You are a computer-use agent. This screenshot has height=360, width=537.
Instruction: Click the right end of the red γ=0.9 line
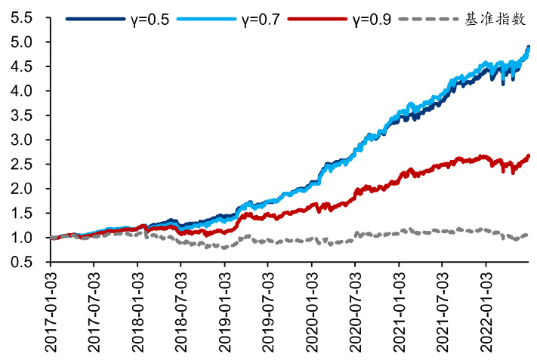[528, 155]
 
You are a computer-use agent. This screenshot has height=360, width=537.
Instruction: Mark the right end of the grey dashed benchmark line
[528, 235]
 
